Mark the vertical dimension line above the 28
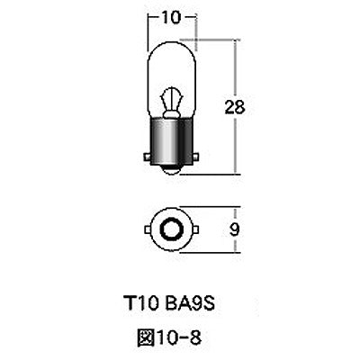tap(237, 67)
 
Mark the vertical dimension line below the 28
tap(237, 144)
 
